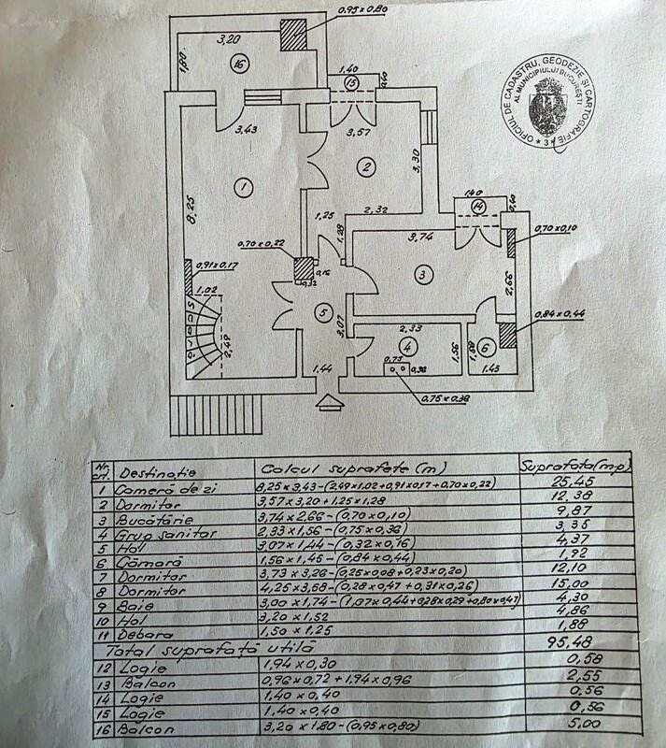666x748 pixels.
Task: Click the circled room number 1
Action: click(x=243, y=188)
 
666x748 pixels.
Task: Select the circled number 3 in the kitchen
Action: click(x=423, y=274)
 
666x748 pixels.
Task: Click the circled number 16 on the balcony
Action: click(x=241, y=65)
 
